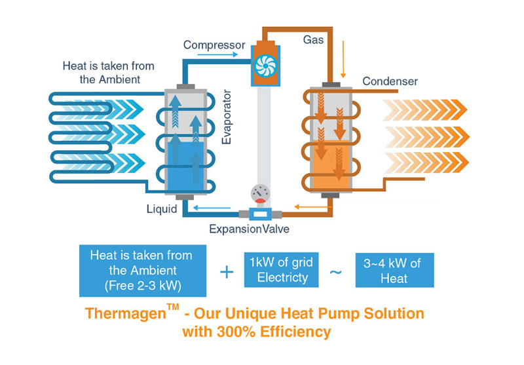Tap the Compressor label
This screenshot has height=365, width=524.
[214, 45]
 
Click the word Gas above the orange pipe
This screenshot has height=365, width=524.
[312, 40]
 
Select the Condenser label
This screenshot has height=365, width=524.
[390, 82]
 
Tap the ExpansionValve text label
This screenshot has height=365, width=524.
[249, 229]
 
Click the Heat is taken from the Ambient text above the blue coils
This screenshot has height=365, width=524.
[102, 71]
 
